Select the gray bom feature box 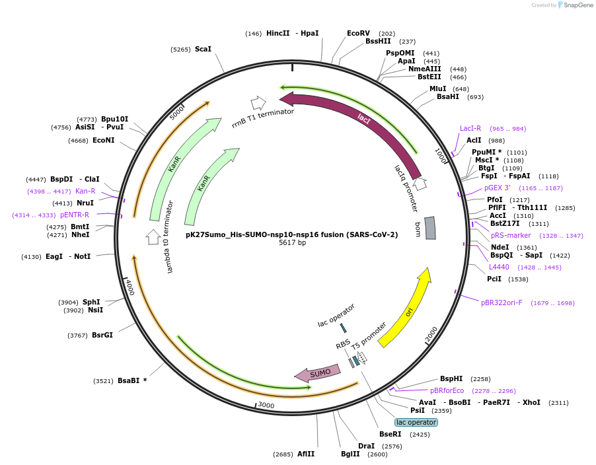point(430,228)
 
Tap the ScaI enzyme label point(203,49)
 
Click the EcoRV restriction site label point(358,33)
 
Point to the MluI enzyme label point(437,89)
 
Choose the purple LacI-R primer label point(470,128)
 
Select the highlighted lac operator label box point(416,422)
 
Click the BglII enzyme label point(350,454)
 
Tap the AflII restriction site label point(306,454)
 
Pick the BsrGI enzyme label point(102,335)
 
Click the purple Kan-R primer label point(85,191)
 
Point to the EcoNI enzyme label point(104,140)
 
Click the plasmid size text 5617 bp point(292,243)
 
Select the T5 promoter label point(369,336)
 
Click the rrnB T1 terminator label point(263,121)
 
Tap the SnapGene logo point(574,5)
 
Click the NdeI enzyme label point(500,247)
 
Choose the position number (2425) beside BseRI point(420,434)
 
